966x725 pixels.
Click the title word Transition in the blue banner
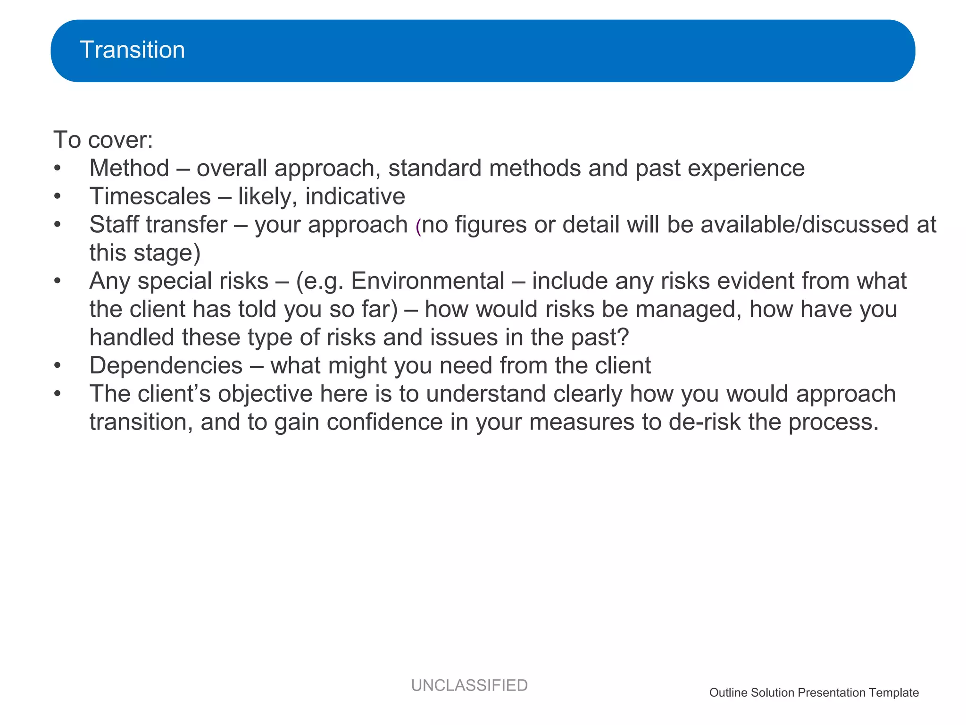click(x=132, y=50)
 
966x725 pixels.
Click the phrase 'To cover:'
click(x=103, y=140)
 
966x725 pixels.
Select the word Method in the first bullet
click(x=129, y=169)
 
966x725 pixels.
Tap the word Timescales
click(x=150, y=197)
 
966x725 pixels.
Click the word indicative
click(x=355, y=197)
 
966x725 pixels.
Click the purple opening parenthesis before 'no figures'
click(x=418, y=227)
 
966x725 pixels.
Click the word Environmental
click(x=427, y=281)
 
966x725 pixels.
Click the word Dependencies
click(x=166, y=366)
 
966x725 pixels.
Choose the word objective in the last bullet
click(x=265, y=394)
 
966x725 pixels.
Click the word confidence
click(x=384, y=422)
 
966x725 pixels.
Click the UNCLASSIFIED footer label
click(x=469, y=685)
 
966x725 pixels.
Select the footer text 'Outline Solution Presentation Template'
click(x=814, y=693)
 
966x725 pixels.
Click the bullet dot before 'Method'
click(x=58, y=169)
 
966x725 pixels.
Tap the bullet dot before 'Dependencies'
click(x=58, y=366)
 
